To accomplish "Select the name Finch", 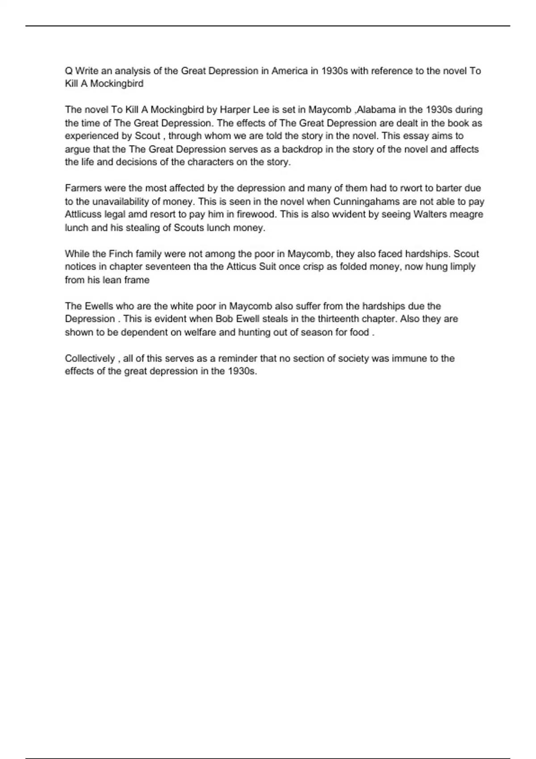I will click(x=121, y=254).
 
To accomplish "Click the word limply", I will click(x=462, y=267).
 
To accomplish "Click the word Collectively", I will click(x=90, y=359).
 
